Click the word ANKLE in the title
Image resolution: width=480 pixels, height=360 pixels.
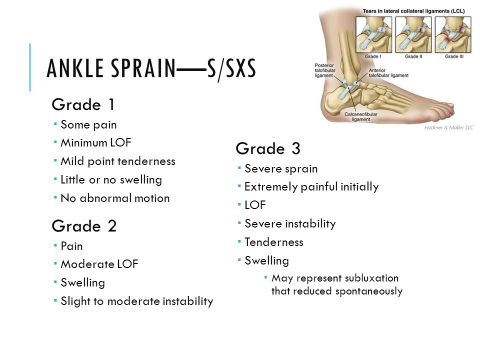75,68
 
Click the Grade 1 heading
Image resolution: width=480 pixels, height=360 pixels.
83,104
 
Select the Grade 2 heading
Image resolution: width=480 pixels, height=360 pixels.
84,226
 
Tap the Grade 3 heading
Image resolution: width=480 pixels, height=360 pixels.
268,149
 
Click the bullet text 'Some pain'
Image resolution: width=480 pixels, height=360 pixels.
89,125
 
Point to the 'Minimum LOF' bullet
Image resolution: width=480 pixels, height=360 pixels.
96,142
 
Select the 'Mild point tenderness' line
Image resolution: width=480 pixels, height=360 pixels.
118,161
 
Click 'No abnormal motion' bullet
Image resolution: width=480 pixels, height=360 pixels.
115,198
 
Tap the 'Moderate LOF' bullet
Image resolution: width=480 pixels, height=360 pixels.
99,264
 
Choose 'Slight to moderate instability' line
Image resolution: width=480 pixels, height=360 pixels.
137,301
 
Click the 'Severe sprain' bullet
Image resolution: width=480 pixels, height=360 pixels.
281,169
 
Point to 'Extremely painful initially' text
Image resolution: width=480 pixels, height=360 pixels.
311,187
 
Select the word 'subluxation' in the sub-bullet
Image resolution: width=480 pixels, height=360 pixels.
371,278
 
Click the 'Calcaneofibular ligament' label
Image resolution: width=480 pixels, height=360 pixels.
361,116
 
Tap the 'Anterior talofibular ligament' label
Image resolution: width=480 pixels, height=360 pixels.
388,73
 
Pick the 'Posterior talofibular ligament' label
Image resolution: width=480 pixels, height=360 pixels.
325,70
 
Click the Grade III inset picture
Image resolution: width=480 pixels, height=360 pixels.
453,34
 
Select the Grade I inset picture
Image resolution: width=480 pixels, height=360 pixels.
374,34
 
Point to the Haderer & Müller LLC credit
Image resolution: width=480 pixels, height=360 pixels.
449,127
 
